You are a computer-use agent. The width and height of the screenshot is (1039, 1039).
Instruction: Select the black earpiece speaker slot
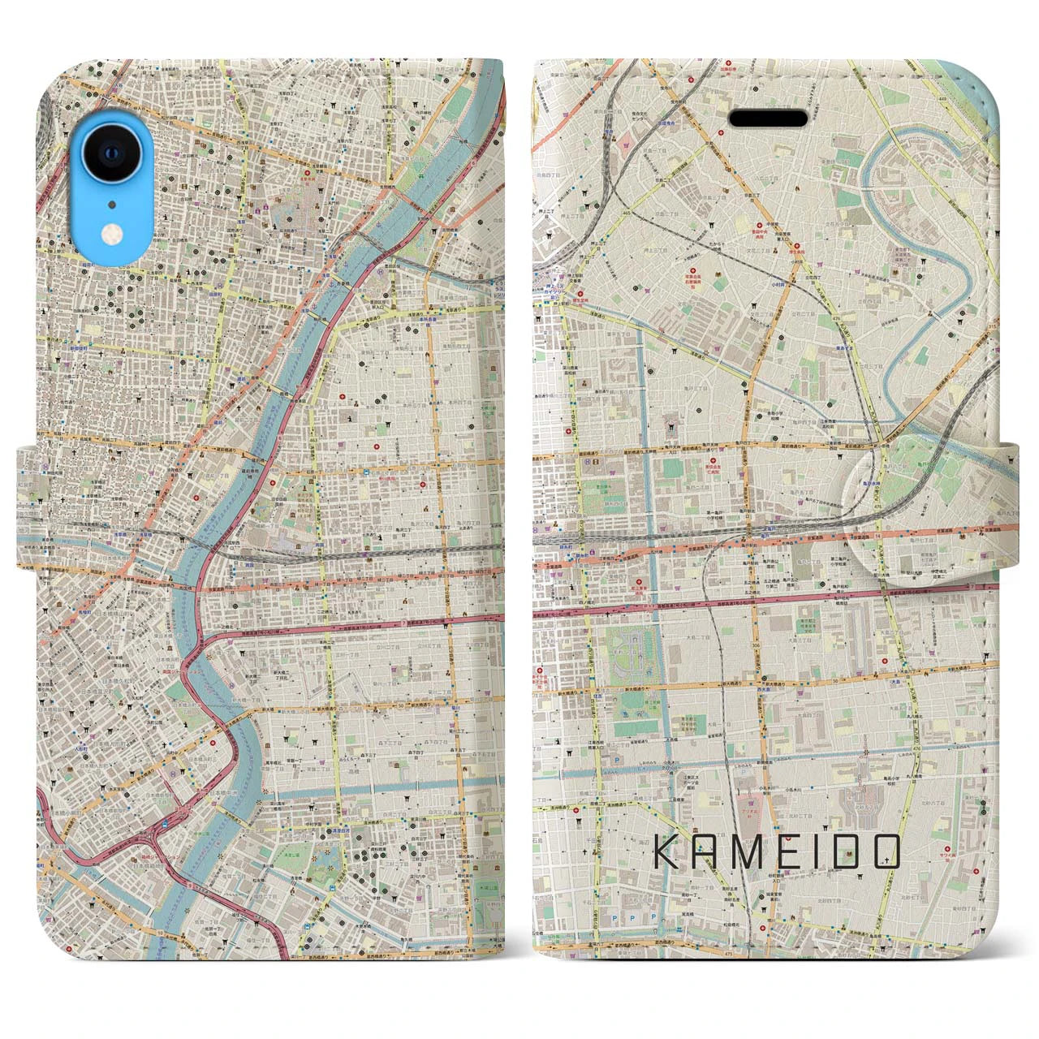pos(767,119)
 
